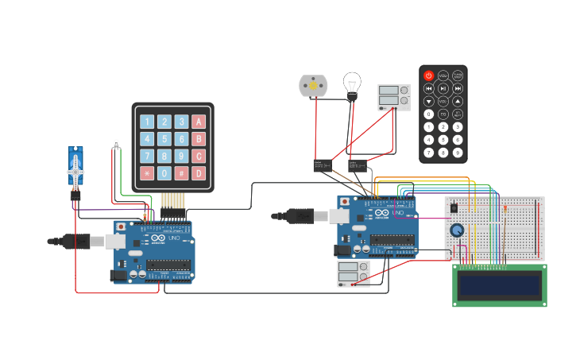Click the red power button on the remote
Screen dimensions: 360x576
[429, 75]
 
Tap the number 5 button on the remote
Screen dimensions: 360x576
[443, 140]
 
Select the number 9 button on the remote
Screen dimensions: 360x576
[458, 153]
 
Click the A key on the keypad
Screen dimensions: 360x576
[199, 122]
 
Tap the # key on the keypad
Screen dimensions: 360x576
[181, 172]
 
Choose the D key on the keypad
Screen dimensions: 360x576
[199, 172]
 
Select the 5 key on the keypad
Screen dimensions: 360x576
[164, 139]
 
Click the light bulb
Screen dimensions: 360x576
[352, 83]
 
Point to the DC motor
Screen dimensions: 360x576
[312, 85]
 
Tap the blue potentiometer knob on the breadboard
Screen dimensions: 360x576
[457, 230]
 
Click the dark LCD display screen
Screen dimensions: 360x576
[500, 285]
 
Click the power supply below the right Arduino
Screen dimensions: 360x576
[354, 273]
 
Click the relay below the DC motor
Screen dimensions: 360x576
[323, 165]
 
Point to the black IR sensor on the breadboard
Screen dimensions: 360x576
[454, 207]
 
